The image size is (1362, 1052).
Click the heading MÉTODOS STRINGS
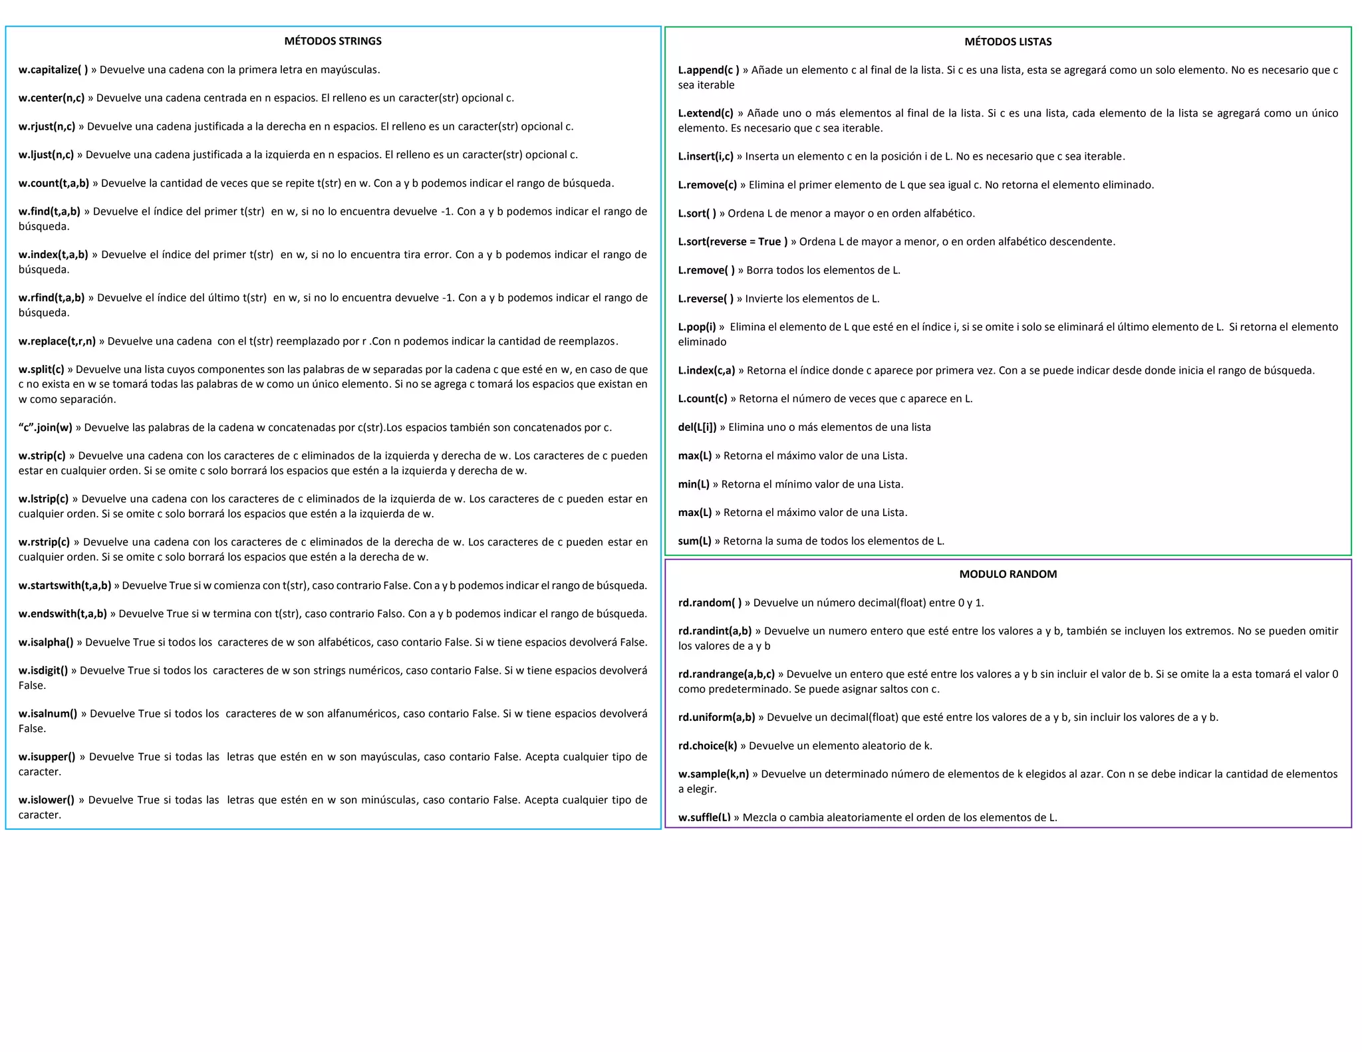pos(333,41)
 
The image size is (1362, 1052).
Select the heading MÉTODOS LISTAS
pos(1008,42)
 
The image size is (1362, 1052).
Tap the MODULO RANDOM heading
pos(1008,574)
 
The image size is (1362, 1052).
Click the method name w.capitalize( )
pos(53,70)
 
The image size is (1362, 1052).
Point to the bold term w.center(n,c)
pos(52,98)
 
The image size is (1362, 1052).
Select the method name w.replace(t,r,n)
pos(57,341)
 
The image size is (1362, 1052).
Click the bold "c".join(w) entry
pos(45,428)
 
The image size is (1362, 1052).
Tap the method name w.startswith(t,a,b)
pos(65,586)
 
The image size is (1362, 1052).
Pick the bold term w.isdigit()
pos(43,670)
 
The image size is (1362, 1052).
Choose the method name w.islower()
pos(47,800)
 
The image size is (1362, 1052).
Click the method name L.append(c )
pos(708,70)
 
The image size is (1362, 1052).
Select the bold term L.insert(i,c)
pos(706,156)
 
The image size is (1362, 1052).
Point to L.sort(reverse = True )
pos(732,241)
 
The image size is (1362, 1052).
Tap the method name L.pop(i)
pos(697,327)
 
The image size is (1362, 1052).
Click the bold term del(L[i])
pos(697,427)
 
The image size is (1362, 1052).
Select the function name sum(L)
pos(694,541)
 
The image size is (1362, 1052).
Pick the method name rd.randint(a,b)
pos(715,631)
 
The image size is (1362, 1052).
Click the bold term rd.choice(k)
pos(708,746)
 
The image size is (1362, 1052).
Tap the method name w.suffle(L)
pos(704,817)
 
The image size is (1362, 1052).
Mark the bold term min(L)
pos(694,484)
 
